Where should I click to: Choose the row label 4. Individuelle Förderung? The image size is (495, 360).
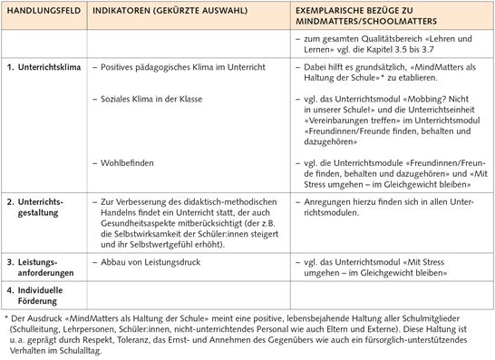40,296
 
